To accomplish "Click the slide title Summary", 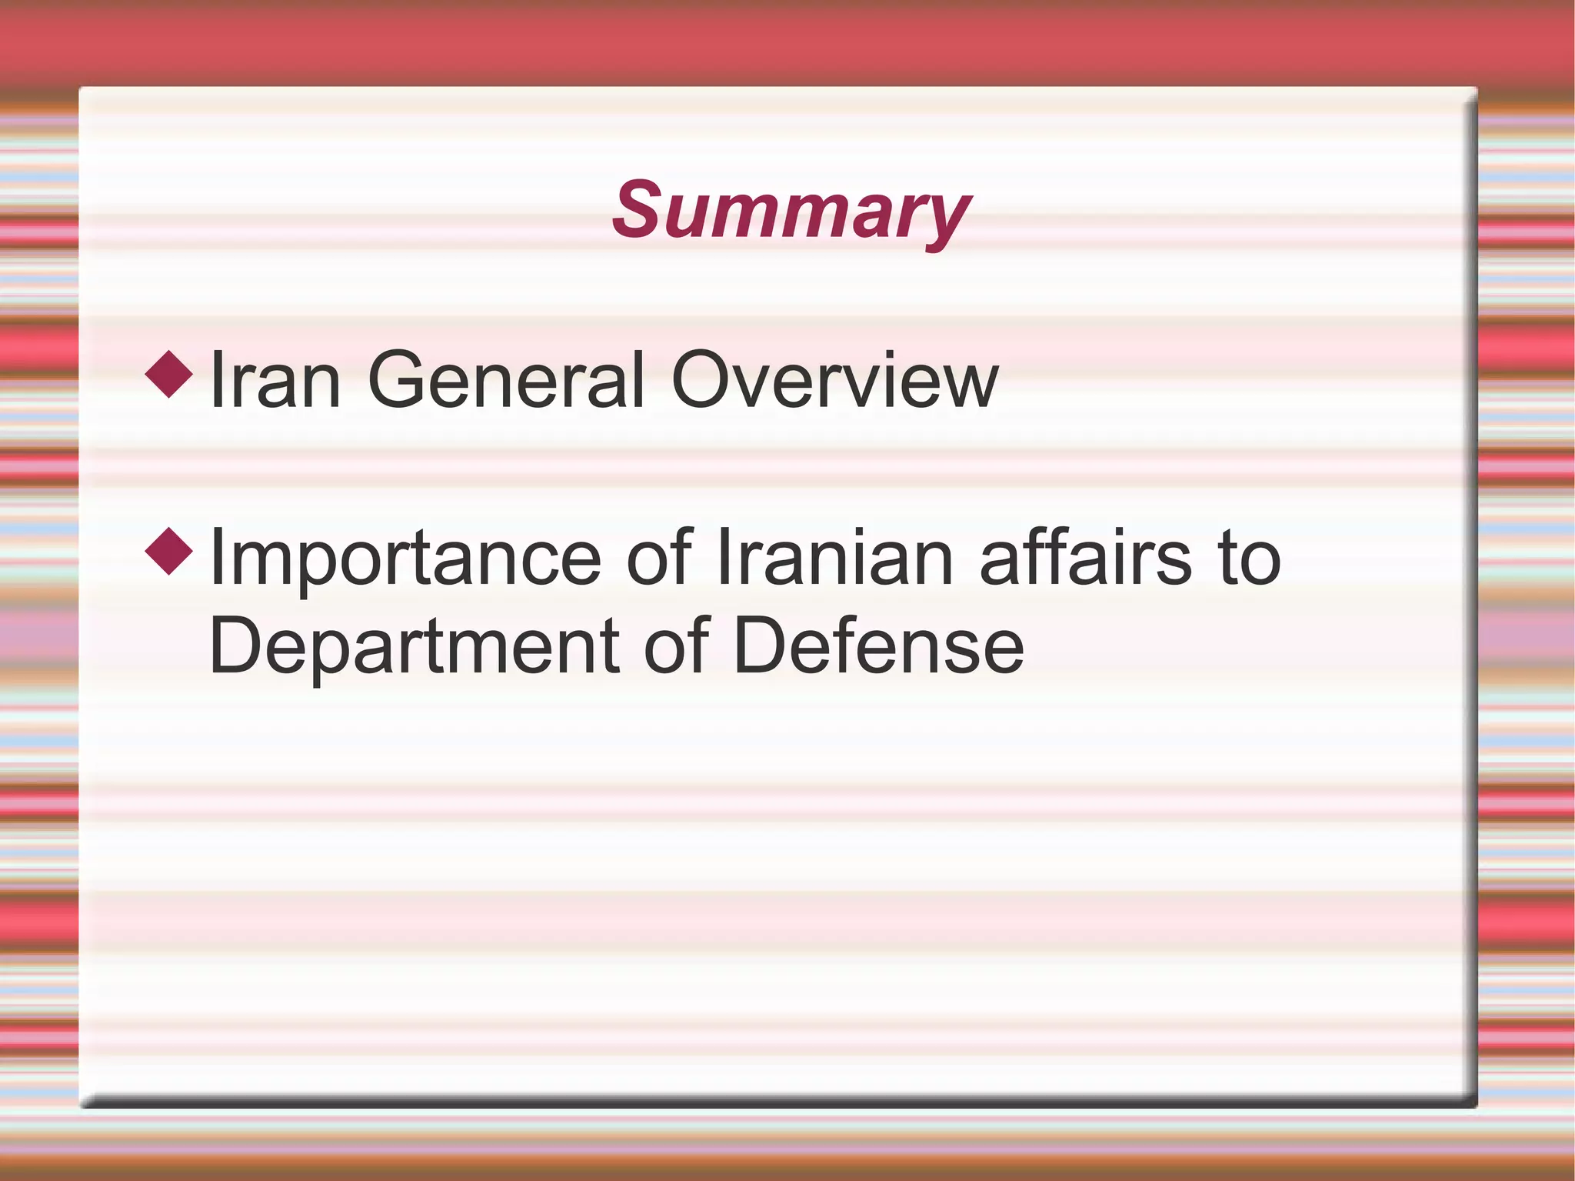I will click(791, 211).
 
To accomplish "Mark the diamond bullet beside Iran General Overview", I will click(169, 374).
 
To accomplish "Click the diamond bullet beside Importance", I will click(169, 551).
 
